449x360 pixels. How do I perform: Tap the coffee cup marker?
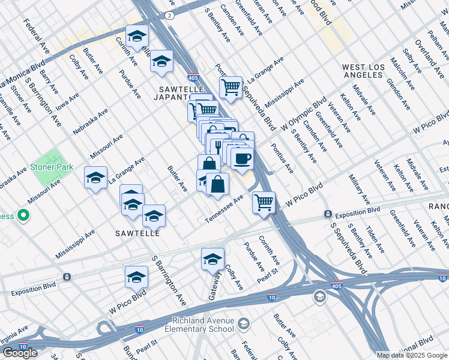click(x=243, y=158)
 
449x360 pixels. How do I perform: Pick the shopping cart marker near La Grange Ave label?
click(x=231, y=87)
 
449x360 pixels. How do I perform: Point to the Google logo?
click(x=20, y=353)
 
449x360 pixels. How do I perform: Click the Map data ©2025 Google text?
click(x=412, y=355)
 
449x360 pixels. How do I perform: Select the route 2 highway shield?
click(x=171, y=14)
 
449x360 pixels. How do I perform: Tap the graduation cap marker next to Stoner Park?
click(x=95, y=178)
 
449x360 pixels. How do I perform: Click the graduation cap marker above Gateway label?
click(x=212, y=259)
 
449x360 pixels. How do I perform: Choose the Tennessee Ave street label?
click(x=224, y=208)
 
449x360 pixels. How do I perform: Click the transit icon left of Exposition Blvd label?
click(x=328, y=214)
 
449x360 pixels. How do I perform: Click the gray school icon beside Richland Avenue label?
click(x=244, y=325)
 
